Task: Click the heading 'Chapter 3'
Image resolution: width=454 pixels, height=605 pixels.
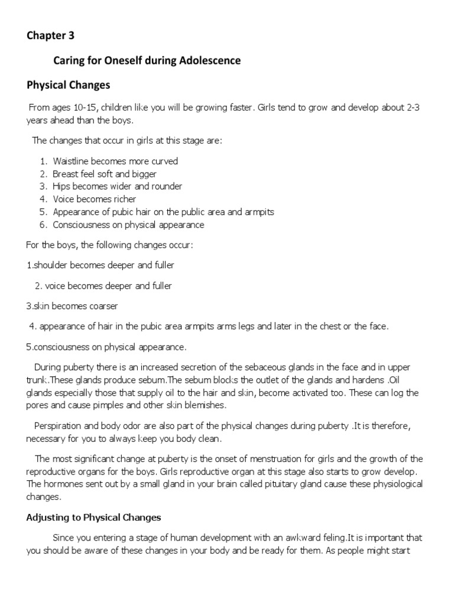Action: point(51,35)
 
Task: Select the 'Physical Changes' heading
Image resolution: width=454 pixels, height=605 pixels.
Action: point(69,85)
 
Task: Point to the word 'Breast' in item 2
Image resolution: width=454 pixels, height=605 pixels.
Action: point(66,174)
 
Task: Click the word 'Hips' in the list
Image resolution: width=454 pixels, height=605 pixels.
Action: point(61,187)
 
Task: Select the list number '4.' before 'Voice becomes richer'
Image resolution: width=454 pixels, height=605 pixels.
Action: point(44,200)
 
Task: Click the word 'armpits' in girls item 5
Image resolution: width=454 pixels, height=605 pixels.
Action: point(260,212)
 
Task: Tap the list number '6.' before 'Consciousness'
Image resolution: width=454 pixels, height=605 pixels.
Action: point(44,225)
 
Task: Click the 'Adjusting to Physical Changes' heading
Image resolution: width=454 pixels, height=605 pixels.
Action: point(93,518)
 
